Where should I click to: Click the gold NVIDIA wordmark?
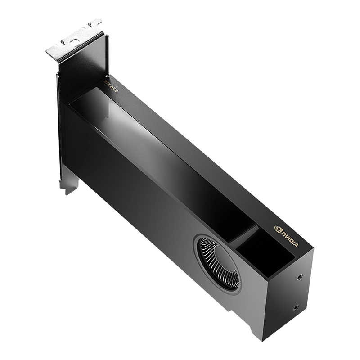(x=289, y=237)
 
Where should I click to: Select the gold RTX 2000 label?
(x=110, y=84)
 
